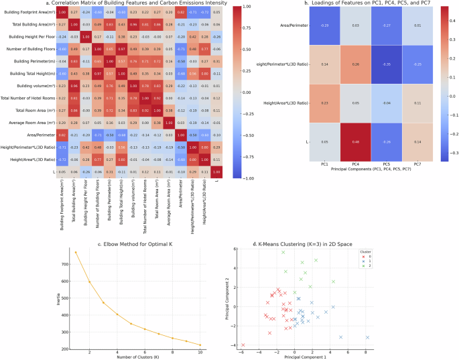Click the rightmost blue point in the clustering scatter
pos(367,337)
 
